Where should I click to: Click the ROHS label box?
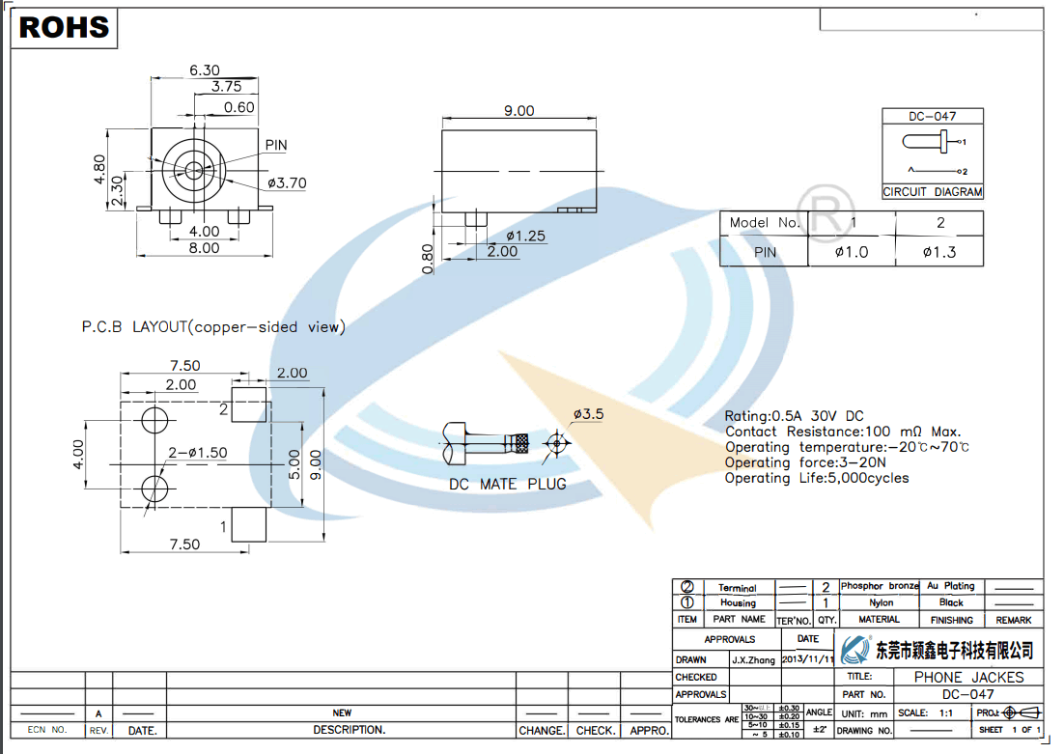point(65,27)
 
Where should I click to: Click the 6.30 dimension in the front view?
point(205,70)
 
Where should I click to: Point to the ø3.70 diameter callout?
point(287,182)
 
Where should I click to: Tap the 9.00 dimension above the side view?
point(518,111)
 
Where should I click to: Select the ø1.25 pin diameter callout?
point(525,236)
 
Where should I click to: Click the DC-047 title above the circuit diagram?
point(932,117)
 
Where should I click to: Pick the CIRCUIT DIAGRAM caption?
point(932,192)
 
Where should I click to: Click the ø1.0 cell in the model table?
point(852,252)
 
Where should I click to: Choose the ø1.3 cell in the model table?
point(939,252)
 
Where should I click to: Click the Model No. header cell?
point(765,223)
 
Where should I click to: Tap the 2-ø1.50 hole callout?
point(198,453)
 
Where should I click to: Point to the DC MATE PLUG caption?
point(507,484)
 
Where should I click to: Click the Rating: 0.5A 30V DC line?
point(795,416)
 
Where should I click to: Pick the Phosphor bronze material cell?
point(880,586)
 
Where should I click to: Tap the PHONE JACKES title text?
point(968,677)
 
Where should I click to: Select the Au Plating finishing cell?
point(951,586)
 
